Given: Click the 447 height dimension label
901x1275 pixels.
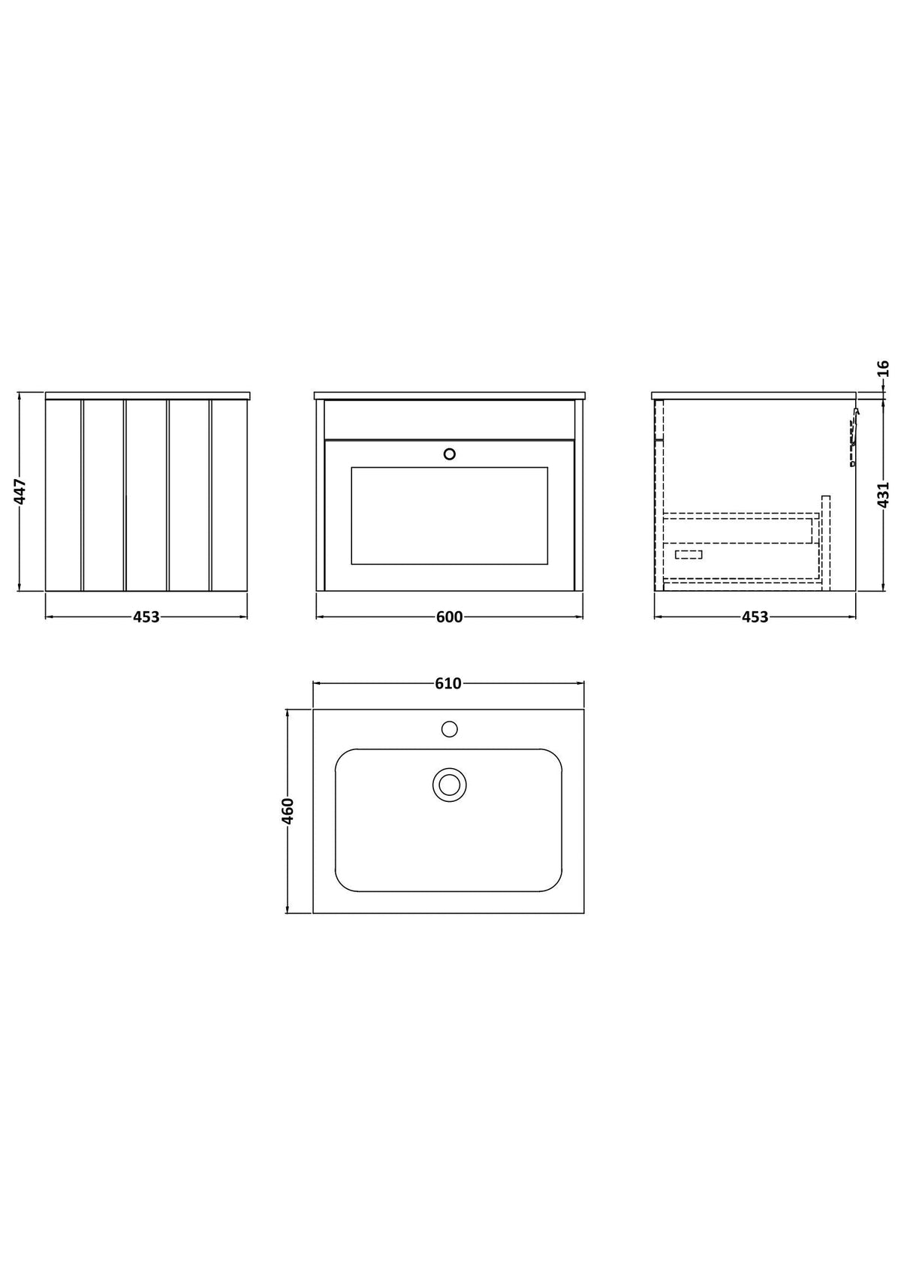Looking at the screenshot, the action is (x=20, y=491).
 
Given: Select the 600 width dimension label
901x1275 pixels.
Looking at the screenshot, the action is (x=450, y=617).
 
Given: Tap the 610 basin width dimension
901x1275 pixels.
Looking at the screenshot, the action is (x=448, y=683).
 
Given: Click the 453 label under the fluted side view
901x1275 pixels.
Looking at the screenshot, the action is (x=146, y=617).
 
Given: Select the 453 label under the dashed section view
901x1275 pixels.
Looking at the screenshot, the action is (x=755, y=617).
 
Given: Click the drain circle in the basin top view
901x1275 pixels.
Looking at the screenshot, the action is (x=450, y=785).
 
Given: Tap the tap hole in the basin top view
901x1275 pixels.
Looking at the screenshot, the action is (x=450, y=729).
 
